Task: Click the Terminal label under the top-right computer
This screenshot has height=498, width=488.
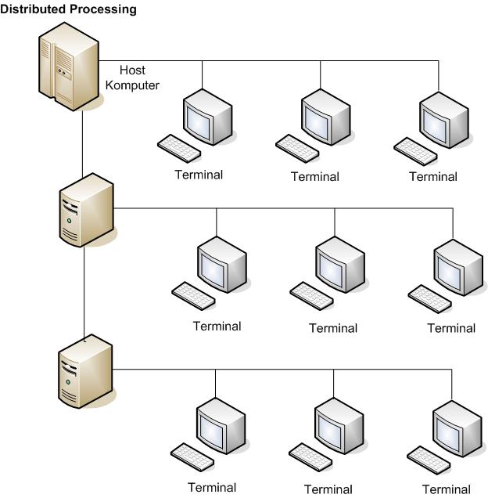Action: tap(432, 176)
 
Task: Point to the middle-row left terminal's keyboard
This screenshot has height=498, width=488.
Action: tap(192, 295)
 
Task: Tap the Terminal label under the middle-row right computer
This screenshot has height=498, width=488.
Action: tap(451, 328)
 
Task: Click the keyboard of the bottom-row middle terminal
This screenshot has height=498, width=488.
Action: tap(310, 457)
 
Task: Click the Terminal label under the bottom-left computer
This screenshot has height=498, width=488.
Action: tap(212, 487)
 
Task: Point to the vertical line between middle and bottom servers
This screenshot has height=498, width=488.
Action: tap(84, 290)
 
